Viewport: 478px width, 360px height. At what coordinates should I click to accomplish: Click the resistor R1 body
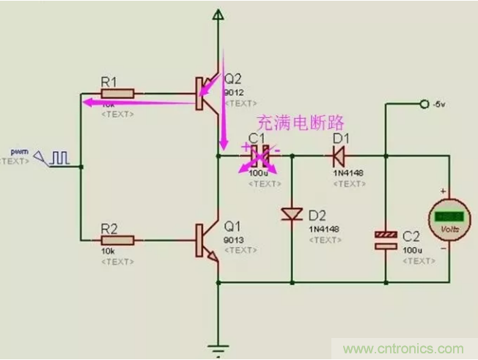pyautogui.click(x=117, y=93)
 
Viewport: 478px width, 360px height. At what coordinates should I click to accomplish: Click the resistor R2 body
pyautogui.click(x=117, y=240)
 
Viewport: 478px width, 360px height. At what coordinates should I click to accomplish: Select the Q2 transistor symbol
pyautogui.click(x=206, y=94)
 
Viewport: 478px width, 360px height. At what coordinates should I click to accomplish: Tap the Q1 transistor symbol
pyautogui.click(x=206, y=240)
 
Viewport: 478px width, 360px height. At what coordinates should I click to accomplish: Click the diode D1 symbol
pyautogui.click(x=339, y=155)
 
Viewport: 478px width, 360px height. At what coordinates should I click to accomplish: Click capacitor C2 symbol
pyautogui.click(x=386, y=240)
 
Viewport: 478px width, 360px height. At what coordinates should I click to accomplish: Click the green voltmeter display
pyautogui.click(x=446, y=217)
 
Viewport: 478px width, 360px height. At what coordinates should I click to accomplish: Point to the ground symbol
pyautogui.click(x=218, y=346)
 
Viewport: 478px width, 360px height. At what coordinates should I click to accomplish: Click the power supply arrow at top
pyautogui.click(x=217, y=15)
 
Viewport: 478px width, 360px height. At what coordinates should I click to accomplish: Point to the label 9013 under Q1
pyautogui.click(x=235, y=239)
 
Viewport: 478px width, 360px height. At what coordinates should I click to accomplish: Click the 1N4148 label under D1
pyautogui.click(x=347, y=172)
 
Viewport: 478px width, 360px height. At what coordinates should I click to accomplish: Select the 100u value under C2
pyautogui.click(x=411, y=251)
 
